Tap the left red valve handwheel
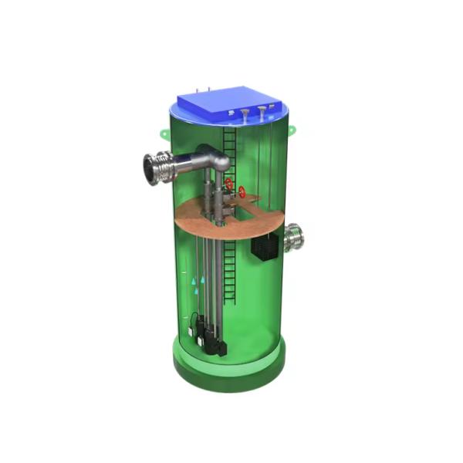click(x=229, y=184)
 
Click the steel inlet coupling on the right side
click(x=294, y=238)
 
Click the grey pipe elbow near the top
click(x=218, y=158)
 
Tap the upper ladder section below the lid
click(x=228, y=143)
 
